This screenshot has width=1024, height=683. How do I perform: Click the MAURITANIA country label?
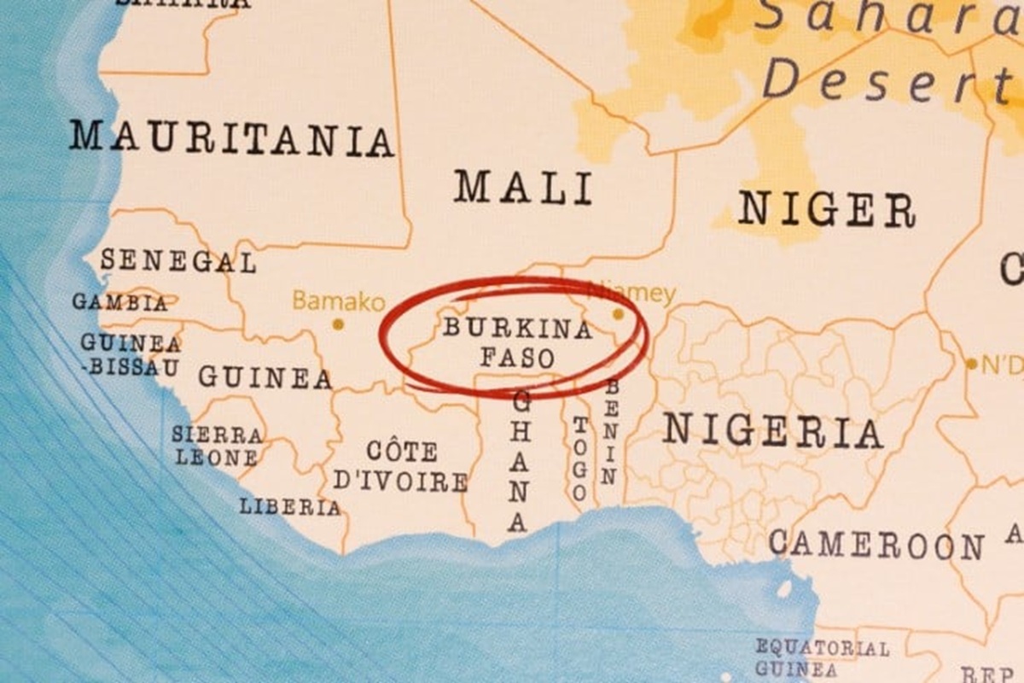tap(231, 138)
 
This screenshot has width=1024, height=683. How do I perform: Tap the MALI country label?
tap(523, 187)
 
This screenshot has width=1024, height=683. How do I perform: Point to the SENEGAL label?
tap(178, 260)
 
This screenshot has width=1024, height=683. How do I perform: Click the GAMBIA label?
tap(120, 302)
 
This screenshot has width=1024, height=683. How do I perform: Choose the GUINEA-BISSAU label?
tap(131, 355)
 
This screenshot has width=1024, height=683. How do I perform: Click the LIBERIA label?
tap(290, 506)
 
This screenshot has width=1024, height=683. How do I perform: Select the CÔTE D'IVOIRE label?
tap(401, 466)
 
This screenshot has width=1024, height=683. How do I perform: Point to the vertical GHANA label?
tap(520, 462)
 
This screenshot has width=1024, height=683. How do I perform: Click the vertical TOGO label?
tap(579, 458)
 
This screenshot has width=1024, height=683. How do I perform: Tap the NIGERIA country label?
tap(773, 431)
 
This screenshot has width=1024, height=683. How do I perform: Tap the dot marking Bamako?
tap(338, 324)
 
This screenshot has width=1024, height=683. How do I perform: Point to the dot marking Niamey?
tap(618, 314)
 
